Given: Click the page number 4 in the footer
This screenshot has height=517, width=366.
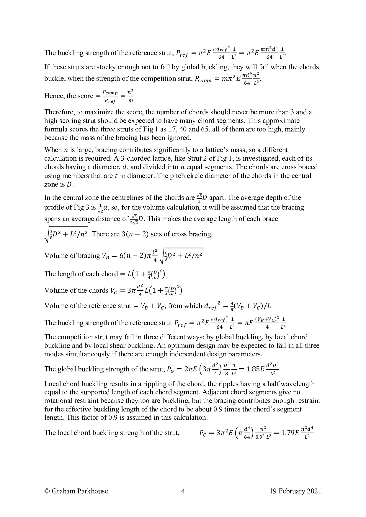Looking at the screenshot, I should [x=183, y=491].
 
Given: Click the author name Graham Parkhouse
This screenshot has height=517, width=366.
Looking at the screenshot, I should [x=80, y=491].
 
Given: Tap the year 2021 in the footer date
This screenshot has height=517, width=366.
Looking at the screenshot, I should [x=314, y=491].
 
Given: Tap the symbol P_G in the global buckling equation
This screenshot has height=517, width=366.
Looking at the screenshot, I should [x=171, y=369].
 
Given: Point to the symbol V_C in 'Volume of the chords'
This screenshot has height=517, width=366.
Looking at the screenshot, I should [x=114, y=291].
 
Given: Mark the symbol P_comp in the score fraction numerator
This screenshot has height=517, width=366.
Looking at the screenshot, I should [x=110, y=93].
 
